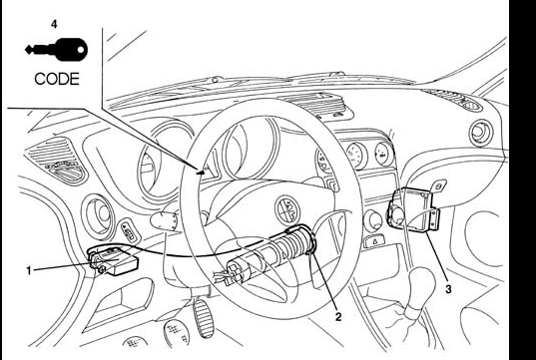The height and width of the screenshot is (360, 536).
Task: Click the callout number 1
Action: [29, 271]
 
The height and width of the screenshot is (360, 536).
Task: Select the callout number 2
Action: [338, 317]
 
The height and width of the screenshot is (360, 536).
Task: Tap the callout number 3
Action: [448, 289]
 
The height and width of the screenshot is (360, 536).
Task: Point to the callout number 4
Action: [54, 24]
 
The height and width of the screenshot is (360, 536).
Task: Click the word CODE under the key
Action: [57, 79]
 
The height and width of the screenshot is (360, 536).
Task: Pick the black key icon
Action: [57, 50]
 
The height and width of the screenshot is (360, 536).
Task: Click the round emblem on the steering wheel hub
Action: [287, 210]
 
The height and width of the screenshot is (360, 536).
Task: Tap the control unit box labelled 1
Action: [114, 261]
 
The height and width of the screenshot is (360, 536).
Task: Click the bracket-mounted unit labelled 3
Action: [414, 209]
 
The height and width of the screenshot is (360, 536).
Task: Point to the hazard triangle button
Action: [374, 241]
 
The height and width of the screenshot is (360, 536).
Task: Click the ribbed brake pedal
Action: [204, 318]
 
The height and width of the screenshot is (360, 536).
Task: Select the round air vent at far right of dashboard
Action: [481, 133]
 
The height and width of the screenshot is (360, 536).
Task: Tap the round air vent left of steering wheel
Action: [99, 216]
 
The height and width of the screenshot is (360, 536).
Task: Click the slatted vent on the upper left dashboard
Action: [57, 161]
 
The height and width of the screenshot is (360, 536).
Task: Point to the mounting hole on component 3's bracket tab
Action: [440, 185]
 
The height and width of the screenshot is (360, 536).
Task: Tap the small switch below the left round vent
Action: [129, 231]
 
